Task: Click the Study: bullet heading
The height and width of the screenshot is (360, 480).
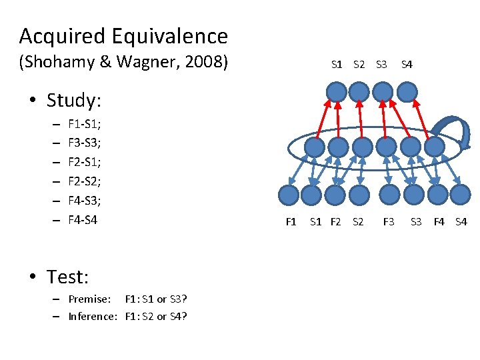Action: tap(74, 101)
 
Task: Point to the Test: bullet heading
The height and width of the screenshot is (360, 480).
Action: tap(67, 276)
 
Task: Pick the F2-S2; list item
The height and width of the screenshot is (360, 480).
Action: tap(83, 181)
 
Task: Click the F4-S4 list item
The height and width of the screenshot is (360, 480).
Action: tap(82, 219)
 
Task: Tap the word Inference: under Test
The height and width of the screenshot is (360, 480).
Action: tap(93, 316)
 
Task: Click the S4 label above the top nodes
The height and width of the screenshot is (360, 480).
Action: tap(406, 65)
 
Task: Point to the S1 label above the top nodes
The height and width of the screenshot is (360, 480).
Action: tap(337, 65)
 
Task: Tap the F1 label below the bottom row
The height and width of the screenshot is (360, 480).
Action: tap(291, 221)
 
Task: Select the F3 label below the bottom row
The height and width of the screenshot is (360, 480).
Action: tap(389, 221)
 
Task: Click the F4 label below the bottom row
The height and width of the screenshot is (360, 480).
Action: tap(439, 221)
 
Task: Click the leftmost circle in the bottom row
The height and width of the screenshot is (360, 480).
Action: tap(288, 195)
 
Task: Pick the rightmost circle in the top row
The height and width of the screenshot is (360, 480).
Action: tap(406, 91)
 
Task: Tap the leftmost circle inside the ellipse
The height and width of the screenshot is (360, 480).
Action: tap(317, 146)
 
